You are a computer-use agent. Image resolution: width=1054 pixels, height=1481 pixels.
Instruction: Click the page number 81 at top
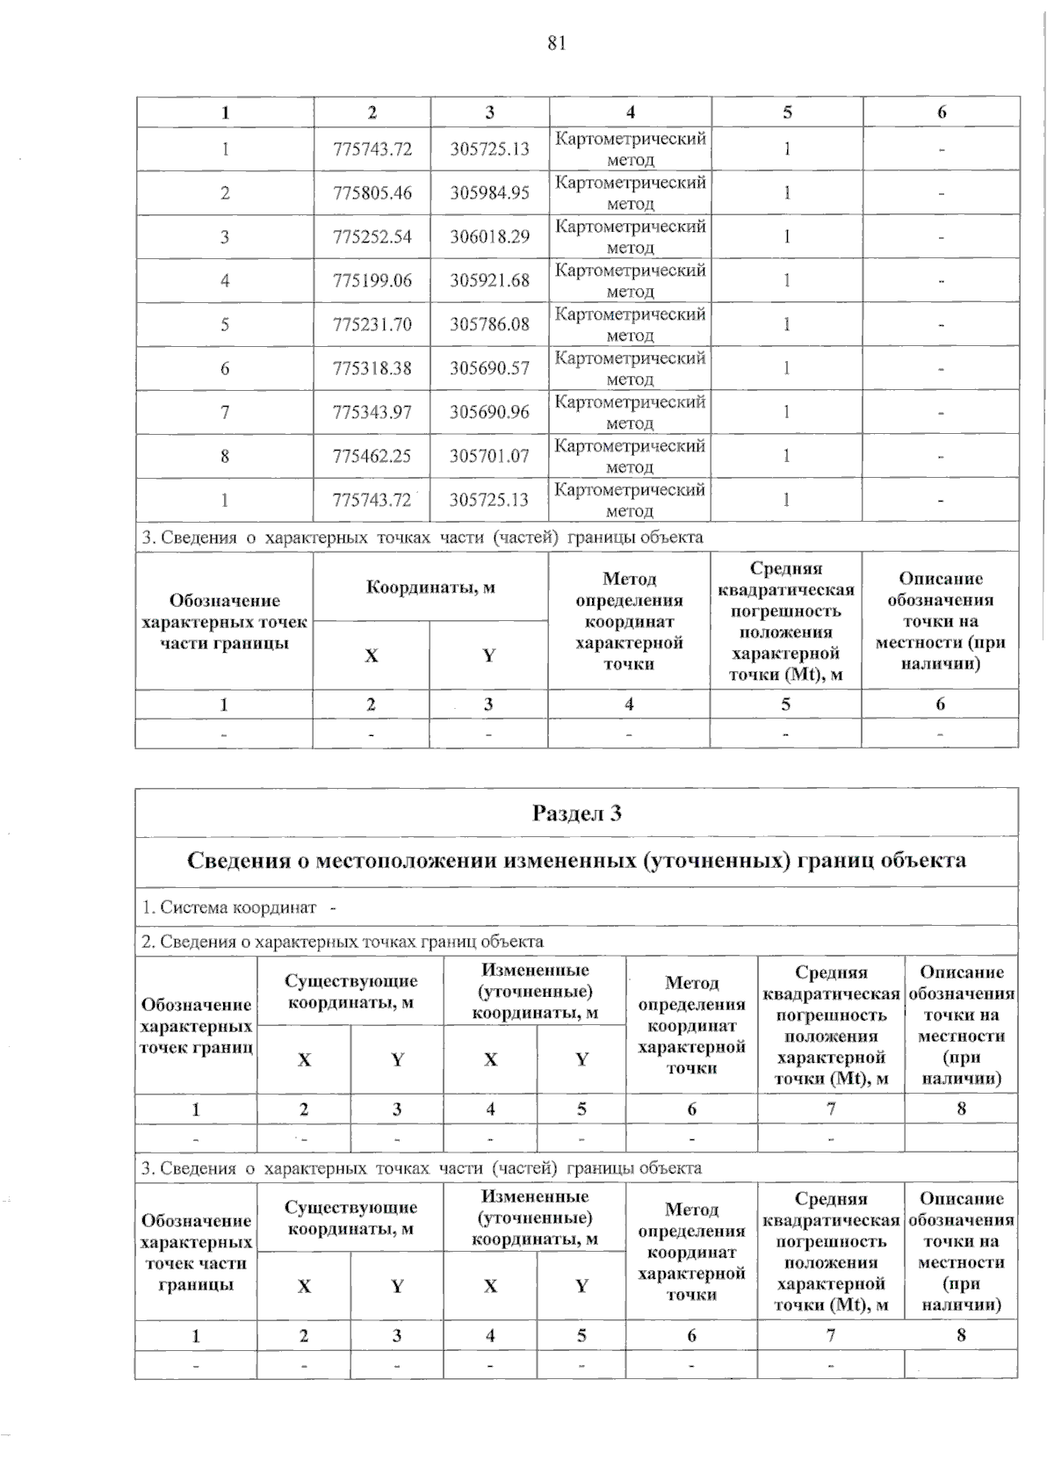[556, 44]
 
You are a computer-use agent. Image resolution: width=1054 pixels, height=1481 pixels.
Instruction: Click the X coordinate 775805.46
[372, 193]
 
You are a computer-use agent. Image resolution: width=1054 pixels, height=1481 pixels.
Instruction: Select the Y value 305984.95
[489, 193]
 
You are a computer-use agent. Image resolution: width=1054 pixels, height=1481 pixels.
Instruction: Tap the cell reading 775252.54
[372, 237]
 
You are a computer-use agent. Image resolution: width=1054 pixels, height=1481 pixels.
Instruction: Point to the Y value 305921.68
[489, 281]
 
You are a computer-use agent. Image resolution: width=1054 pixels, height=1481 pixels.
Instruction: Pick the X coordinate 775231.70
[372, 325]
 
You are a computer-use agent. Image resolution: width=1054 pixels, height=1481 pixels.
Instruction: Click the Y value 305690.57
[489, 369]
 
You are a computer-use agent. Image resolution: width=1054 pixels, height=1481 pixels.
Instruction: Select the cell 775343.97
[372, 412]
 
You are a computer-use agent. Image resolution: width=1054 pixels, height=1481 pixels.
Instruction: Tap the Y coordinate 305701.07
[489, 456]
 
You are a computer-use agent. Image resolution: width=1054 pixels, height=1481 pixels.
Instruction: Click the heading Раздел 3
[576, 813]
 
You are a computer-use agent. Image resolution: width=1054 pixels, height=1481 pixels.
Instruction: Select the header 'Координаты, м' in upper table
[430, 587]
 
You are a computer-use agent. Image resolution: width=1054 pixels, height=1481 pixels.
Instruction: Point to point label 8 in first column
[225, 456]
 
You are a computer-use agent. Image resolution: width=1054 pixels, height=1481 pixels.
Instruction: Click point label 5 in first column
[225, 325]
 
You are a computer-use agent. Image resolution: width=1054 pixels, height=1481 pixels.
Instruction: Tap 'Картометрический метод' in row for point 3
[630, 237]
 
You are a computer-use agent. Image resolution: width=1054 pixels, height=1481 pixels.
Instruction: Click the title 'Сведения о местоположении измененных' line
[576, 860]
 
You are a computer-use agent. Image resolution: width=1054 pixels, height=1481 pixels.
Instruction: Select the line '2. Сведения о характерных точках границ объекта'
[343, 942]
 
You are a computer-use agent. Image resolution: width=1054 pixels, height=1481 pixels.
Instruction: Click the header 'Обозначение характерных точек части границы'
[224, 622]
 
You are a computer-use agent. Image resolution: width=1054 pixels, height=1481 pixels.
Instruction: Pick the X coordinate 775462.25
[372, 456]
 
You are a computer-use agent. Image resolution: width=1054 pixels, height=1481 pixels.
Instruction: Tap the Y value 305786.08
[489, 325]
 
